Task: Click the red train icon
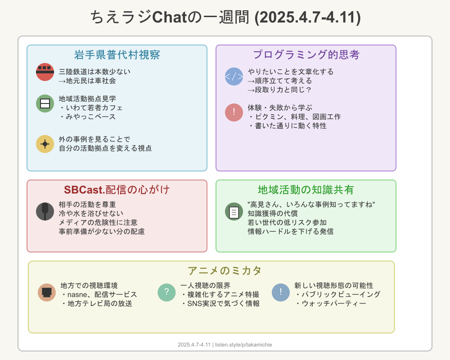point(45,72)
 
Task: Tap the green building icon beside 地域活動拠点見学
point(45,103)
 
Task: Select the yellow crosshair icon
point(45,144)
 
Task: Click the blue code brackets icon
point(234,76)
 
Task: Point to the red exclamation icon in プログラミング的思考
point(234,112)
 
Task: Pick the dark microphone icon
point(45,211)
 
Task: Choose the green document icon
point(234,211)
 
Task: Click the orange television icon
point(47,292)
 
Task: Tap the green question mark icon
point(166,292)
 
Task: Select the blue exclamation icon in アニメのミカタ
point(281,292)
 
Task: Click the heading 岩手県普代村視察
point(117,54)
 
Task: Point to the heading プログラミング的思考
point(306,54)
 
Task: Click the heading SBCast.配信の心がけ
point(117,190)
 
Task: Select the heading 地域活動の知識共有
point(306,190)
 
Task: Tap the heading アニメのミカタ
point(225,270)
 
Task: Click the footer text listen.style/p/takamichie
point(243,345)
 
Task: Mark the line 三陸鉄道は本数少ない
point(94,72)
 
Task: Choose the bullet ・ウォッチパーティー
point(331,303)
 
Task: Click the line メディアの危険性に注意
point(98,222)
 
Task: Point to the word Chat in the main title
point(169,17)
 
